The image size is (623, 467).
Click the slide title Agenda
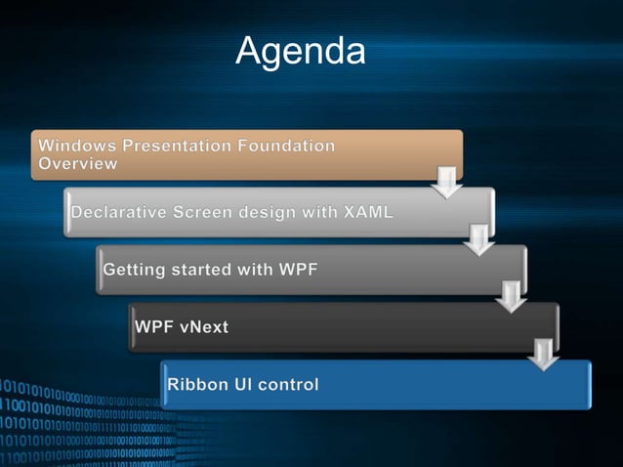[301, 51]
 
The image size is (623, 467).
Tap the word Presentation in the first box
[172, 146]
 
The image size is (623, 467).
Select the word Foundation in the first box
[285, 146]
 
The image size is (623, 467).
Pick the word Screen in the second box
[212, 212]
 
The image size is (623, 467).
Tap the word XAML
[361, 212]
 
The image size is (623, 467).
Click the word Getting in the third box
[137, 269]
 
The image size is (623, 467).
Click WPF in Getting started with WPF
[297, 269]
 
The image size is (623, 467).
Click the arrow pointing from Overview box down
[446, 181]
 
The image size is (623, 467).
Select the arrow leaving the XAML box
[478, 238]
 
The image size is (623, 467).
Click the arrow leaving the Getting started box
[511, 295]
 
